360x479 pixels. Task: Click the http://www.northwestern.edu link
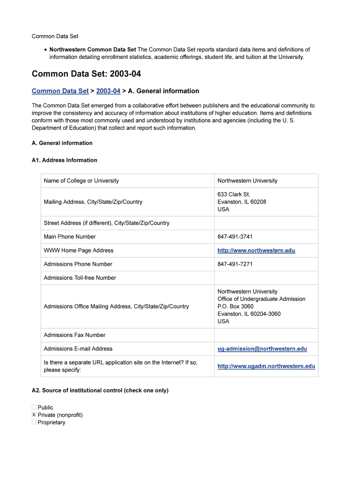[256, 250]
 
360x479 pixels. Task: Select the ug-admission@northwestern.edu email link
[262, 348]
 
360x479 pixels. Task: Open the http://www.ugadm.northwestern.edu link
[266, 366]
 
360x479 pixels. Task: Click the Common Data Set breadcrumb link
[60, 91]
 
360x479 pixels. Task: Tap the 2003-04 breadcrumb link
[108, 91]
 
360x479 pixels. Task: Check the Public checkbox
[34, 407]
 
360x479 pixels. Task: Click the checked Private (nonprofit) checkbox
[34, 415]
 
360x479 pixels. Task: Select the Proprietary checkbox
[34, 422]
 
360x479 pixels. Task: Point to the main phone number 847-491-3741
[235, 237]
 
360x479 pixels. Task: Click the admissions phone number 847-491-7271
[235, 264]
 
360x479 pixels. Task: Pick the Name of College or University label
[81, 181]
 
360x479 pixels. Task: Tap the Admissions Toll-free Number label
[79, 278]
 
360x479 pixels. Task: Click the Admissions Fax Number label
[74, 335]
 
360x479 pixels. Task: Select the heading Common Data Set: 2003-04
[86, 74]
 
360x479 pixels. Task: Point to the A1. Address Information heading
[65, 160]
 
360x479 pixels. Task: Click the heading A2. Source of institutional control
[100, 390]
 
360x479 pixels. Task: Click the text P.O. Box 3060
[235, 306]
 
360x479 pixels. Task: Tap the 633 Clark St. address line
[233, 194]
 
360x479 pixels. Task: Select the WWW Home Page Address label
[78, 251]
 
